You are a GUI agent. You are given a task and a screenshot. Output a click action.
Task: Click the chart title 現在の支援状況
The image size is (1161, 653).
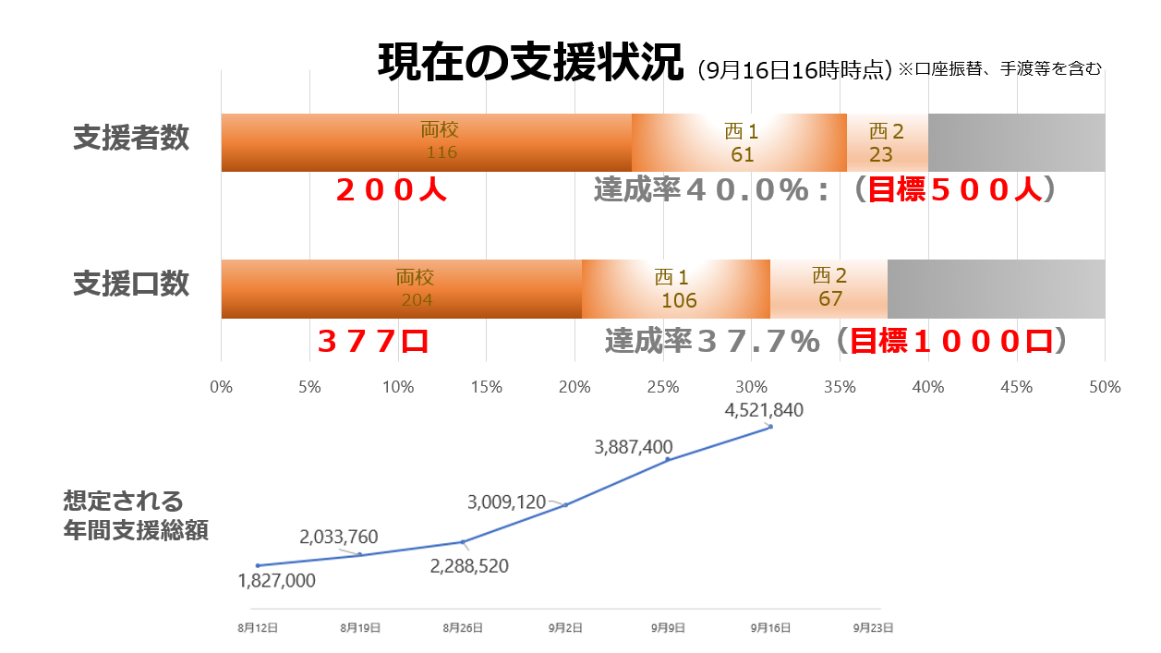click(x=531, y=63)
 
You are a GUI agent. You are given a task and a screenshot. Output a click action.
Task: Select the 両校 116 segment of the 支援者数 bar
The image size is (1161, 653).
click(x=426, y=142)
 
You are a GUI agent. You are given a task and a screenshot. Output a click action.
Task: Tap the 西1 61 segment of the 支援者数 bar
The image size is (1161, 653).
click(x=739, y=142)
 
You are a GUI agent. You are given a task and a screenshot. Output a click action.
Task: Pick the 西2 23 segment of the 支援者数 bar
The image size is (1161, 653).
click(x=887, y=142)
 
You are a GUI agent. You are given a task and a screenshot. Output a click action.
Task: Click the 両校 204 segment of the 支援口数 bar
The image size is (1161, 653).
click(x=402, y=289)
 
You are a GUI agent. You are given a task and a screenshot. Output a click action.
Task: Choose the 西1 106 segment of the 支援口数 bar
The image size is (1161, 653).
click(x=676, y=289)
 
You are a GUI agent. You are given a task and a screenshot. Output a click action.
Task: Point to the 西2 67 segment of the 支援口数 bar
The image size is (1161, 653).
click(x=828, y=289)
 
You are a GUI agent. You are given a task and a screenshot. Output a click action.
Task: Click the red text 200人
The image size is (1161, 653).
click(x=392, y=191)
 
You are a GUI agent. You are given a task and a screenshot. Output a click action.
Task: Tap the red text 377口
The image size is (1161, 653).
click(x=373, y=342)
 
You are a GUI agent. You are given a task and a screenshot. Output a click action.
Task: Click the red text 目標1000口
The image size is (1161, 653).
click(x=951, y=342)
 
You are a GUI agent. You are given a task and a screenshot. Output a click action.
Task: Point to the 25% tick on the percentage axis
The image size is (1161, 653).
click(x=663, y=388)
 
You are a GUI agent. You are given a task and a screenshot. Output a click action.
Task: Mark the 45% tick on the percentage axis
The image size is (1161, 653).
click(x=1017, y=388)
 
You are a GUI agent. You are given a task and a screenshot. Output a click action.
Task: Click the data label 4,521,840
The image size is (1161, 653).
click(x=764, y=411)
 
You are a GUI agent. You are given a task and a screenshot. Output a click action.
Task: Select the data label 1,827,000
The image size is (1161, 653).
click(x=276, y=581)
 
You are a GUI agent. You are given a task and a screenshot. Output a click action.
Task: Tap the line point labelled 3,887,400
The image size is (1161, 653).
click(x=668, y=459)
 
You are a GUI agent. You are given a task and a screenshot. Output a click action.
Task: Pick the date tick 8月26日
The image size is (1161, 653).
click(x=462, y=627)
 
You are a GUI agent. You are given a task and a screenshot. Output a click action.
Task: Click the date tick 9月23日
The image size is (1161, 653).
click(x=873, y=627)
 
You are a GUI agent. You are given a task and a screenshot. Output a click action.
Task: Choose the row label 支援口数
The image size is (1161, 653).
click(x=131, y=284)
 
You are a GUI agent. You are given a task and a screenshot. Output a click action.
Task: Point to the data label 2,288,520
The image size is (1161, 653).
click(x=469, y=566)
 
